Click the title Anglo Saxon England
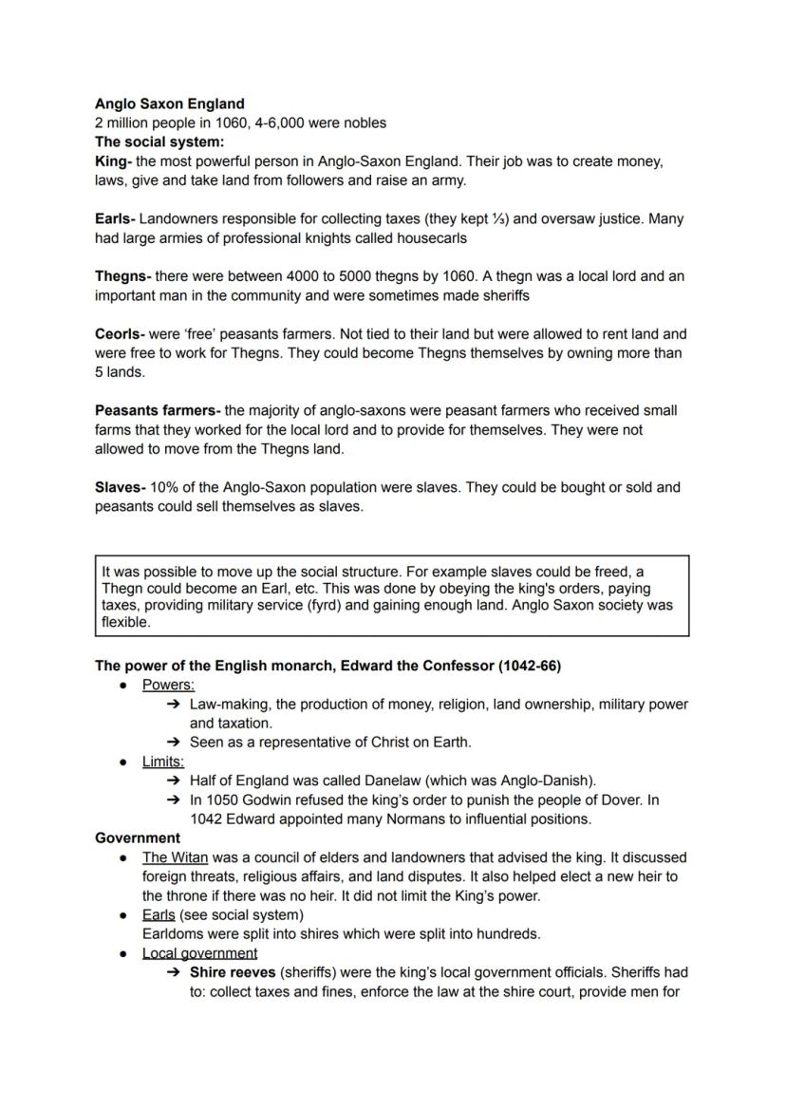[x=169, y=103]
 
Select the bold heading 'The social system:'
[x=159, y=141]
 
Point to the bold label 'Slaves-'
[x=120, y=487]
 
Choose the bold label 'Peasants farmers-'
[x=158, y=411]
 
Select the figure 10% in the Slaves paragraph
[x=165, y=487]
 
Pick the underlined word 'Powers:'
[x=168, y=685]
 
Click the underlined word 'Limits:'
[x=163, y=762]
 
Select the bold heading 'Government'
[x=138, y=838]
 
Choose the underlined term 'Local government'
[x=199, y=953]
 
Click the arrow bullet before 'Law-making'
[x=174, y=705]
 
